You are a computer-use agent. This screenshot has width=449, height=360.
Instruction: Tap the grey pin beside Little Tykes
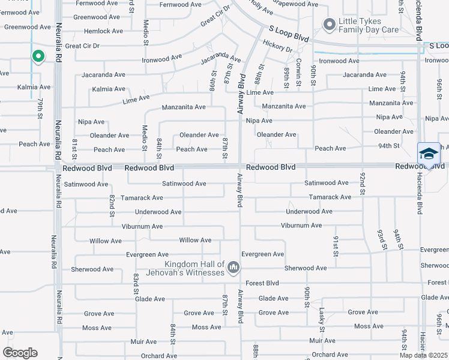[329, 25]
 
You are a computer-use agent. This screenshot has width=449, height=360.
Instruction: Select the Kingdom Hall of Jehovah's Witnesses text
[195, 268]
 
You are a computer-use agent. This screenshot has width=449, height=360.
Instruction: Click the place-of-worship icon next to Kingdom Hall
[234, 267]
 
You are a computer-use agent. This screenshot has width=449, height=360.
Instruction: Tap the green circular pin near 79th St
[38, 56]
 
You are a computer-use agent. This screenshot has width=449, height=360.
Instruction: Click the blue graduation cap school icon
[429, 154]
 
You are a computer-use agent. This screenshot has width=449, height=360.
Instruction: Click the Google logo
[20, 353]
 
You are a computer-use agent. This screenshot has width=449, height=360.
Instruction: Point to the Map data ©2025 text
[424, 355]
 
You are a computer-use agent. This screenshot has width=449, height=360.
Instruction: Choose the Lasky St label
[322, 320]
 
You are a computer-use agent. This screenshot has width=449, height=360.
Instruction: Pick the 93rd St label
[381, 238]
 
